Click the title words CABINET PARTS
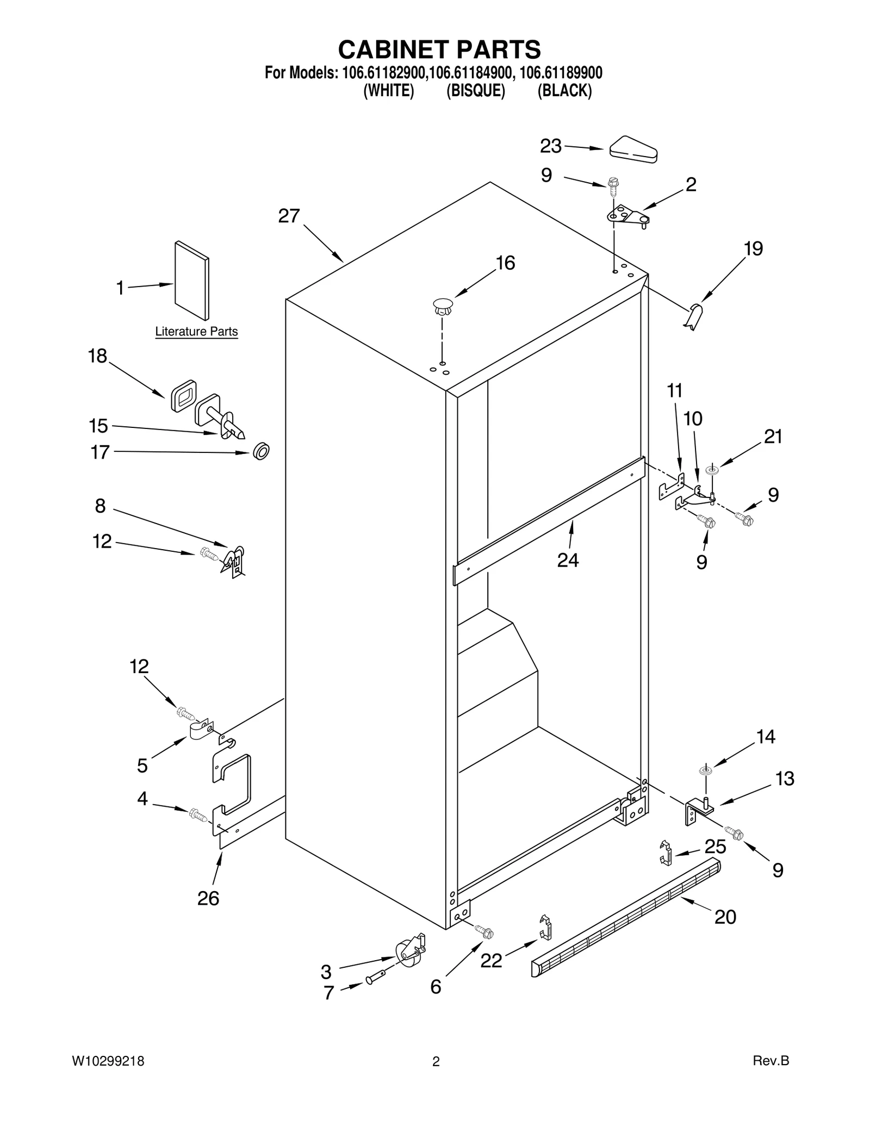[x=439, y=49]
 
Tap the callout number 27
[x=289, y=216]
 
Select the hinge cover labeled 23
[x=633, y=148]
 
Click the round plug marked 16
[x=443, y=306]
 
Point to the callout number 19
[x=753, y=248]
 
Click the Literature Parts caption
[x=196, y=331]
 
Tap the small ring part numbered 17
[x=262, y=451]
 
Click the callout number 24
[x=568, y=559]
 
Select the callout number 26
[x=208, y=898]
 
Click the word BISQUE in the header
[x=475, y=91]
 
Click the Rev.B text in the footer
[x=770, y=1060]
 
